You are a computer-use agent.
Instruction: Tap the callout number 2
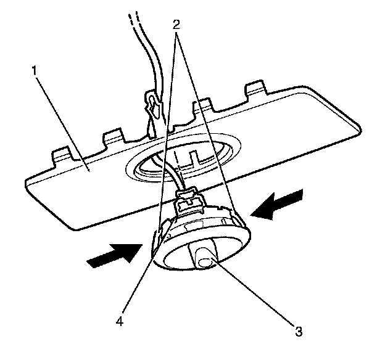(x=176, y=25)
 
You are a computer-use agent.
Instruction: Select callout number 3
(x=299, y=331)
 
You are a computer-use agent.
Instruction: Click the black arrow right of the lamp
(x=278, y=206)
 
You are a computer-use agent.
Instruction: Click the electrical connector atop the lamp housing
(x=189, y=200)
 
